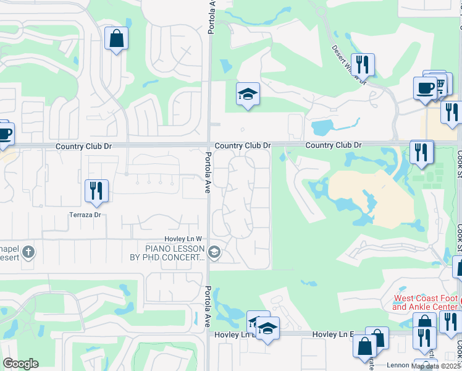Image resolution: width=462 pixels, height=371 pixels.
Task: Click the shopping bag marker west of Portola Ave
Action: (116, 40)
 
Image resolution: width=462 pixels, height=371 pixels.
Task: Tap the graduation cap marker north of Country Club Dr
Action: (248, 95)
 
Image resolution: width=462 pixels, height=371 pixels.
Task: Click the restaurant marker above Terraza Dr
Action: (96, 190)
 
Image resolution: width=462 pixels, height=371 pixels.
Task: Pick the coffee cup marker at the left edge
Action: (4, 134)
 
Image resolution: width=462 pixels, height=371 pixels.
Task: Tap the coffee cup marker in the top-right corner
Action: (426, 88)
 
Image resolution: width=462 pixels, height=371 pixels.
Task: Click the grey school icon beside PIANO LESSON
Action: (214, 252)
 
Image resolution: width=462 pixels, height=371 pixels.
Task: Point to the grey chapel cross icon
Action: (29, 252)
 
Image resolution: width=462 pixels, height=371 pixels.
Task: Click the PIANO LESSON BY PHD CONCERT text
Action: (175, 253)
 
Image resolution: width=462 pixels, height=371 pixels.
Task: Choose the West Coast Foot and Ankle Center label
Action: (426, 302)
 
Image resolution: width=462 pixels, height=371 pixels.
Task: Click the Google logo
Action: (20, 363)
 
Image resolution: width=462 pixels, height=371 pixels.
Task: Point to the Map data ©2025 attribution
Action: (436, 365)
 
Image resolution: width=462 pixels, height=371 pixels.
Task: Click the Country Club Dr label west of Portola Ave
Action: (83, 147)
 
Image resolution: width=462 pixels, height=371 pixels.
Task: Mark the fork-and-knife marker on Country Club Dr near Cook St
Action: (421, 152)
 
